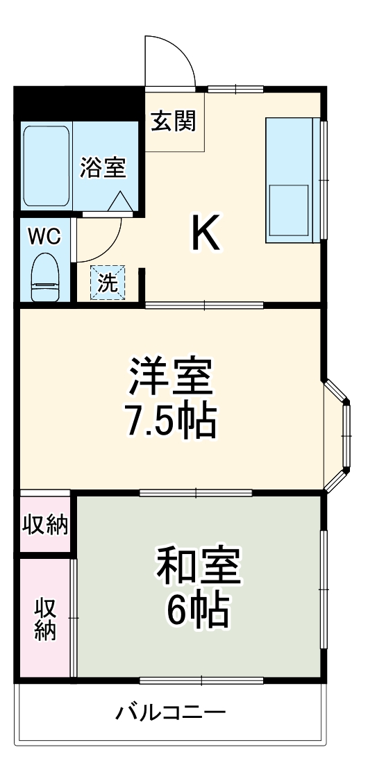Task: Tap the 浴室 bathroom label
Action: click(102, 167)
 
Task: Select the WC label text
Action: click(44, 236)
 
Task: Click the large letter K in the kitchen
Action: click(206, 234)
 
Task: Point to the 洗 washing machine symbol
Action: click(108, 283)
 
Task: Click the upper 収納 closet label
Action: click(45, 526)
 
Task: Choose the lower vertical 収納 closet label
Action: click(46, 618)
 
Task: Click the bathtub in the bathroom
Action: click(47, 165)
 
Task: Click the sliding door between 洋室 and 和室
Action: click(196, 493)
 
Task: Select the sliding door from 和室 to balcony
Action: click(201, 680)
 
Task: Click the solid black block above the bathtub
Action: click(76, 103)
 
